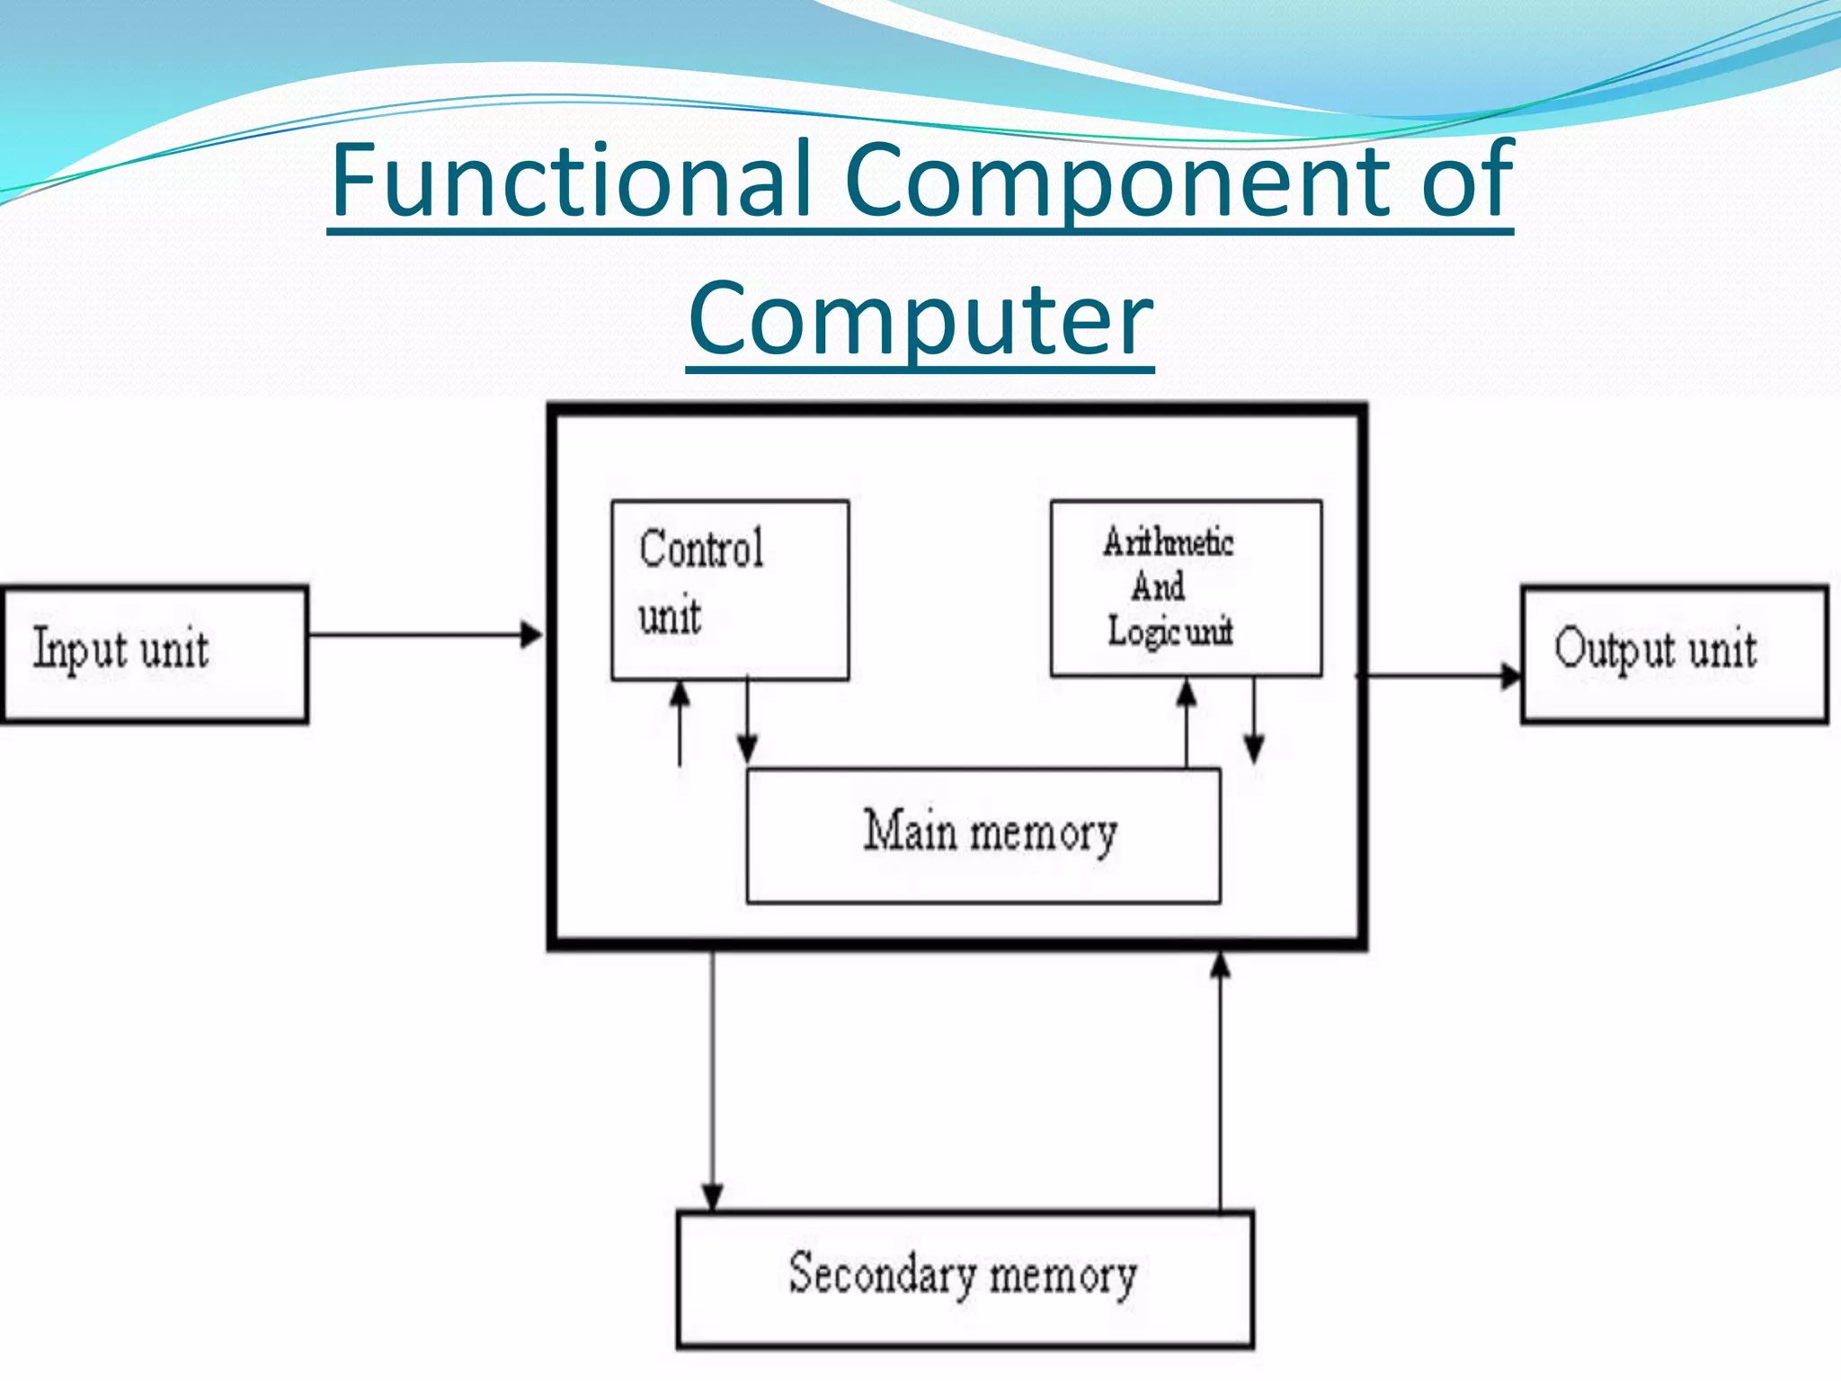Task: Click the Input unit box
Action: [x=155, y=654]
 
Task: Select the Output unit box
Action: [x=1674, y=654]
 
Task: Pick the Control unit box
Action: [x=729, y=589]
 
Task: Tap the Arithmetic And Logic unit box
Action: [x=1186, y=588]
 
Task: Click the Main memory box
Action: [x=983, y=834]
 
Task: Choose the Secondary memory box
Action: [x=965, y=1278]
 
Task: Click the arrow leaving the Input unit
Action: [x=422, y=635]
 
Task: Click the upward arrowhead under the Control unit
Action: [x=680, y=693]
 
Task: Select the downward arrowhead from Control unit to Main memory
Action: [x=747, y=749]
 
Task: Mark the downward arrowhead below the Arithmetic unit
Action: [x=1254, y=749]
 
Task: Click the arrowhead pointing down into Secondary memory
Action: [x=712, y=1198]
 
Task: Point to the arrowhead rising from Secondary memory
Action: [x=1220, y=965]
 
